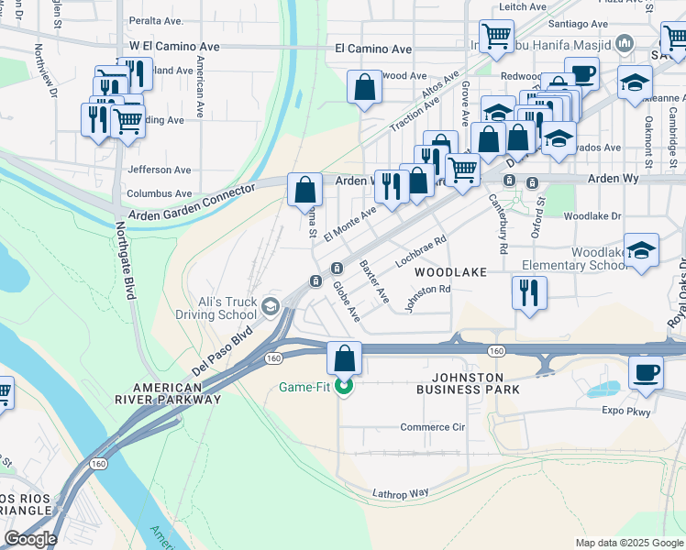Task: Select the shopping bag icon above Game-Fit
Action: tap(345, 357)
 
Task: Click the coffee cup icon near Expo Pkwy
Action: tap(646, 373)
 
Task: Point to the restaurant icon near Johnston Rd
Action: tap(529, 293)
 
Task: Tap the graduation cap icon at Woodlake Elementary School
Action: tap(641, 251)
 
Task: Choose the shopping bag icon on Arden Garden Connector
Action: tap(305, 191)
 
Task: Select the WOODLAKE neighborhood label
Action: tap(448, 273)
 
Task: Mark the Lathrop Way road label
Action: tap(401, 493)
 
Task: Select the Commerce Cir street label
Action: tap(433, 427)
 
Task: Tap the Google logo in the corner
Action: tap(30, 539)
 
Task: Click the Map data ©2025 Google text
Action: tap(628, 543)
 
